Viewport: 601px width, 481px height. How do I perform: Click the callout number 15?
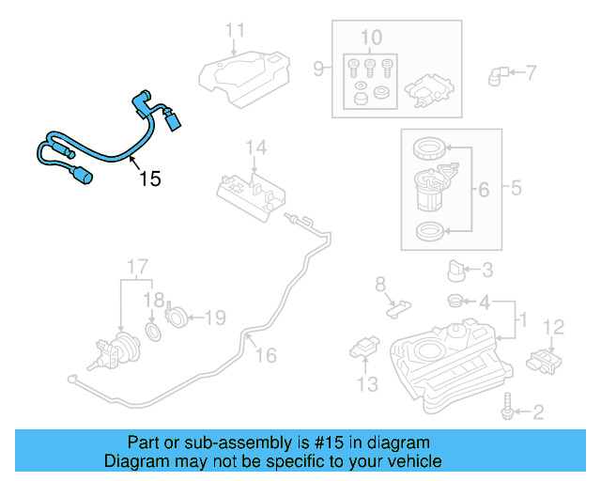point(150,178)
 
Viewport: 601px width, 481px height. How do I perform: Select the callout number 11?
point(235,29)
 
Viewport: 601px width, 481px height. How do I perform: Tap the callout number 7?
point(531,71)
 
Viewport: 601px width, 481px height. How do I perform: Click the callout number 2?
point(538,411)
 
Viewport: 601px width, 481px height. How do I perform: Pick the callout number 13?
point(366,383)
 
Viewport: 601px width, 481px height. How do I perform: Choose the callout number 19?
point(215,318)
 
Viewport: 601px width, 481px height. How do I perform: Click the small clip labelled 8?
point(398,304)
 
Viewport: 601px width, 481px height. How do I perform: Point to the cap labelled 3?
point(457,271)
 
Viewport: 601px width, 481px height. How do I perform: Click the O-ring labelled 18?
point(155,333)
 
